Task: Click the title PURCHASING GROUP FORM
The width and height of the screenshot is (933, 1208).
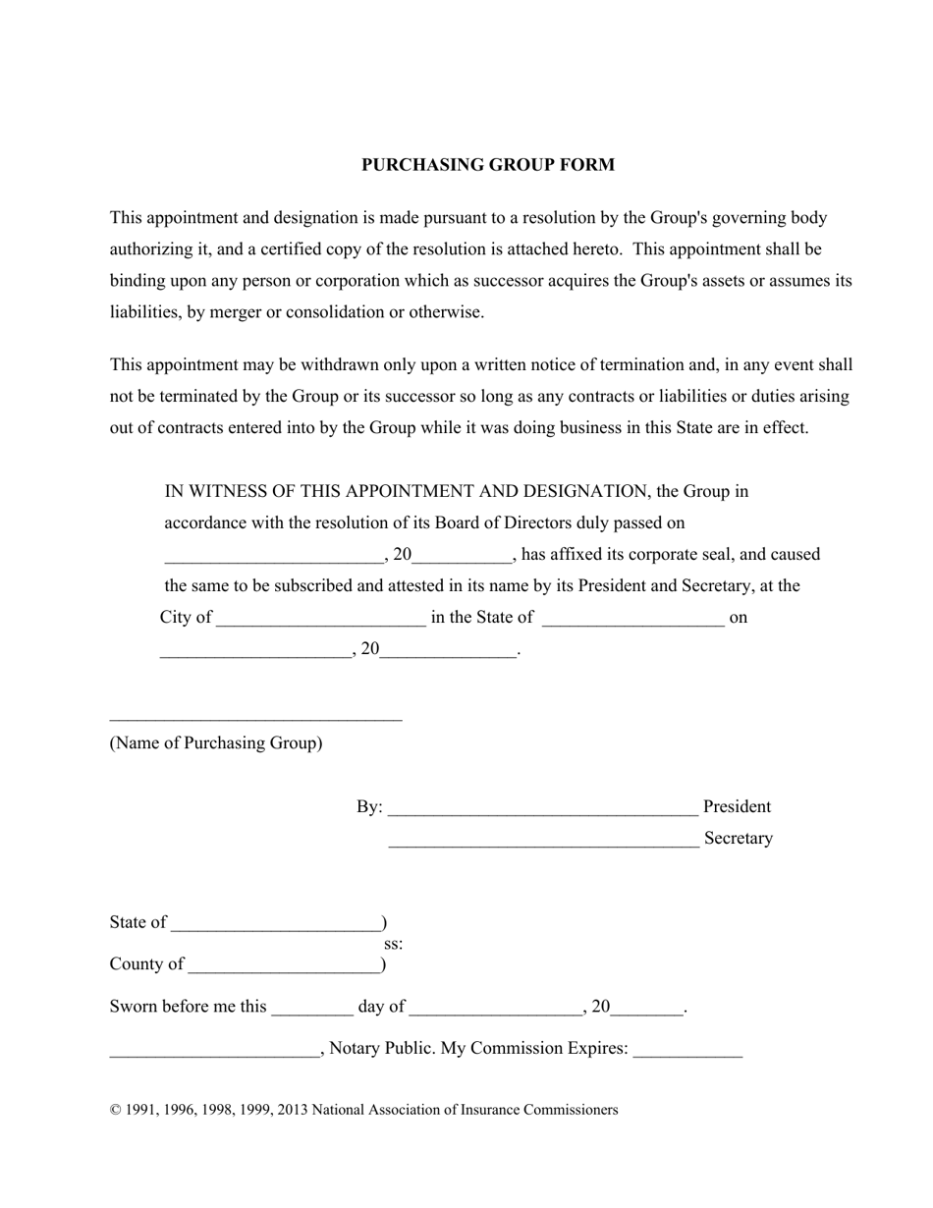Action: [487, 165]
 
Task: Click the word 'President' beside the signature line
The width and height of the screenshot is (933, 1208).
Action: [737, 807]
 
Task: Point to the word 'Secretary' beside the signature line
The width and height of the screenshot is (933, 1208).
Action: [738, 839]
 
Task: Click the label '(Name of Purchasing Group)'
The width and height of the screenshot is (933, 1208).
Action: [215, 743]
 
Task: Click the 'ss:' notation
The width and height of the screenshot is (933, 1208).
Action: [393, 945]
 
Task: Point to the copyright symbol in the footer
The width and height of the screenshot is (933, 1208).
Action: [116, 1111]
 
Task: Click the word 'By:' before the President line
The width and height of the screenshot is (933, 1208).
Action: [369, 807]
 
